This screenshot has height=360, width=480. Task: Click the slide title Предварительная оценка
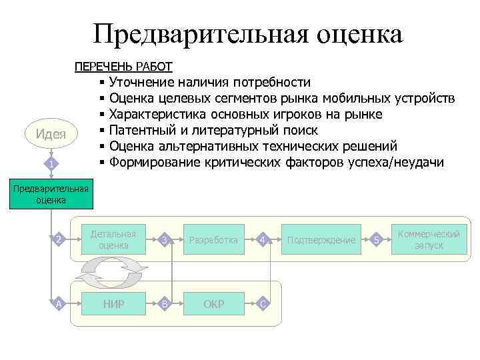point(248,34)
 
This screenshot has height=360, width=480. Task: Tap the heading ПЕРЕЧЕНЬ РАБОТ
point(123,67)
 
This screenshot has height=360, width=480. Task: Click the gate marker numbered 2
point(59,240)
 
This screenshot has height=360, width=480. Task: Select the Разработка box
point(213,240)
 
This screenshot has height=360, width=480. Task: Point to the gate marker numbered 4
point(263,240)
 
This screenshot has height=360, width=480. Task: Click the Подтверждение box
point(321,240)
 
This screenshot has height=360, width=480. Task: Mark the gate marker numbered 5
point(377,240)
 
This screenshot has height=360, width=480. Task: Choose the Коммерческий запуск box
point(429,239)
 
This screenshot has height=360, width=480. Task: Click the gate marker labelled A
point(59,304)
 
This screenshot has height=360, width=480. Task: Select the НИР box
point(114,304)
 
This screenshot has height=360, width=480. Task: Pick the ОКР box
point(213,304)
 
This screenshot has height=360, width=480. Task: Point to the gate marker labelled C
point(263,304)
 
